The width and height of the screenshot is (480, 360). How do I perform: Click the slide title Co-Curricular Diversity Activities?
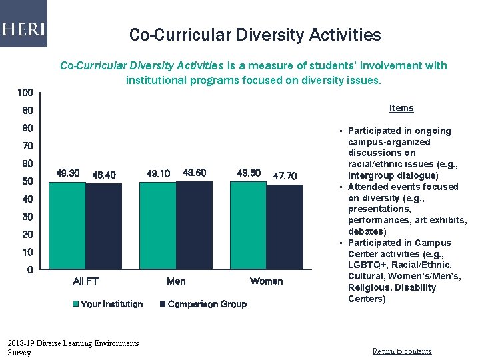click(255, 35)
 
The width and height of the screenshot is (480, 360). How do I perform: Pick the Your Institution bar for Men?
click(158, 226)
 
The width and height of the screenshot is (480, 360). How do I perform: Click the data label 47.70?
click(285, 176)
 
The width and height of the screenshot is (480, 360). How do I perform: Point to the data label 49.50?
click(249, 173)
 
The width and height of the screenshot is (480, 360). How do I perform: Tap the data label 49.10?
click(158, 173)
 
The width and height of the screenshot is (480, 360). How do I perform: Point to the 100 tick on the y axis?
click(25, 93)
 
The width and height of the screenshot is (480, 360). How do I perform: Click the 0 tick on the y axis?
click(30, 270)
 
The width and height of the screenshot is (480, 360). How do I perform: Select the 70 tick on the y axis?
click(27, 146)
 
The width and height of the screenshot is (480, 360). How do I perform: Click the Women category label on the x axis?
click(266, 281)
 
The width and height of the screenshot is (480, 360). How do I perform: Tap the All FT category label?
click(85, 281)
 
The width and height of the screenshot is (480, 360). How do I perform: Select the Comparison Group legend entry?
click(203, 304)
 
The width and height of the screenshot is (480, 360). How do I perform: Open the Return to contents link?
click(401, 351)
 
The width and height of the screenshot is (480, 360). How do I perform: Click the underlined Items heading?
click(401, 108)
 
